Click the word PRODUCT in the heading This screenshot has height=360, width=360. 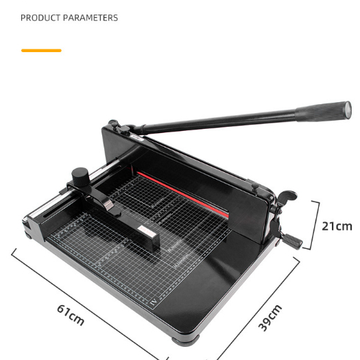40,18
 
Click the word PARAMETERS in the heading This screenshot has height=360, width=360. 91,18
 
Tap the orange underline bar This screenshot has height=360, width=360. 41,51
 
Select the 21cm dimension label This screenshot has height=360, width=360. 337,226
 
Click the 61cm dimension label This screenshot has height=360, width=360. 71,315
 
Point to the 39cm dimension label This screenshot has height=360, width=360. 270,317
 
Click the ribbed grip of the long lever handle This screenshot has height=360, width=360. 323,111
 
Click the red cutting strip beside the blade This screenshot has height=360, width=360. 182,194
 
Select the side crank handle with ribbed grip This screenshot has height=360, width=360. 292,241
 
